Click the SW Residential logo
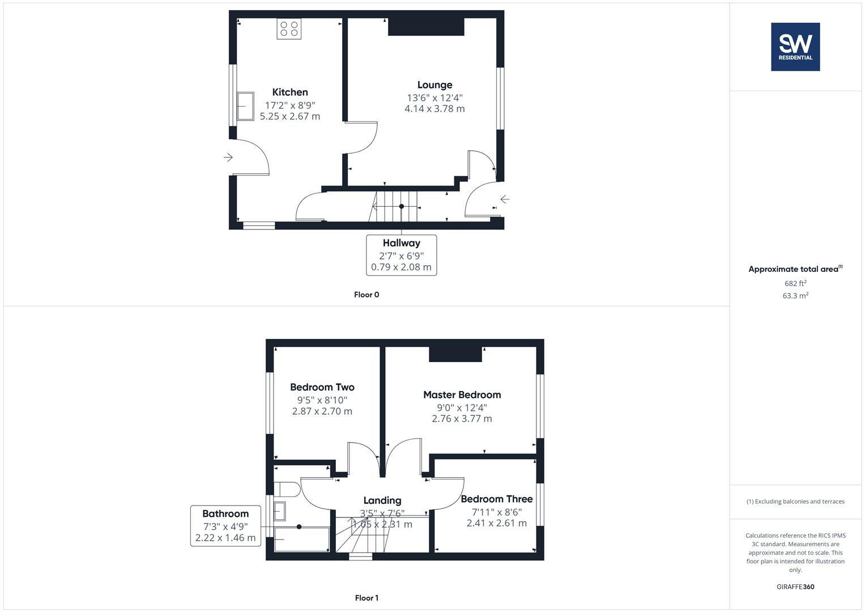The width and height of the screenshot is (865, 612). (795, 46)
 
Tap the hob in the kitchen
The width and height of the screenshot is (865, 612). (289, 29)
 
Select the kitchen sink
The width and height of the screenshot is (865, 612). (245, 106)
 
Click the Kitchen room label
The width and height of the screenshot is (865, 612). (290, 92)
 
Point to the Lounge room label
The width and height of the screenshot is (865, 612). (434, 85)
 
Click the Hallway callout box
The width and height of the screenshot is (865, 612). (401, 255)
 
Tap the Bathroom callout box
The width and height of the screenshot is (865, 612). (225, 525)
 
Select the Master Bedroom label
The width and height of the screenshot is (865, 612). (462, 395)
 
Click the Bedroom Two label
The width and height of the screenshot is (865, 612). (322, 388)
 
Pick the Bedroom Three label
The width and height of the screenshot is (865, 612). (496, 499)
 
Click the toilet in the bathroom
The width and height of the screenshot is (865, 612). (286, 490)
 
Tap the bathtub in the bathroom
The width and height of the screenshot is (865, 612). (301, 539)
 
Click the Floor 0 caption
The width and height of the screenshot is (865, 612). (367, 295)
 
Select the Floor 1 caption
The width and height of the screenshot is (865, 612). (367, 598)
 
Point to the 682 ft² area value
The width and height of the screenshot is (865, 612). (795, 283)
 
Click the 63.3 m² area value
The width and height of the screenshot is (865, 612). (795, 296)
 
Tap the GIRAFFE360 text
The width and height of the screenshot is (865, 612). (795, 587)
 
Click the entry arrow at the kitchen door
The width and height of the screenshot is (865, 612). (228, 157)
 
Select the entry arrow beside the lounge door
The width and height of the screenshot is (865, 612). (504, 199)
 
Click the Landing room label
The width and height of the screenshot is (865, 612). (382, 500)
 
